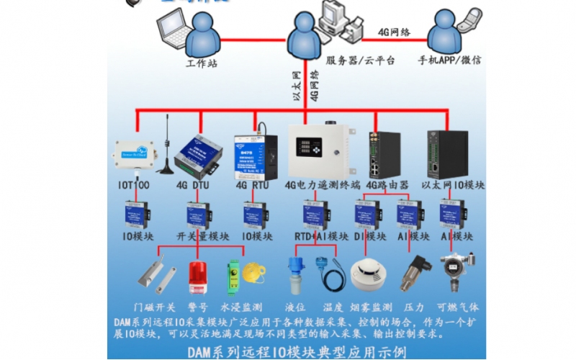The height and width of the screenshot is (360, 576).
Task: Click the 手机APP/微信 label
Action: point(452,60)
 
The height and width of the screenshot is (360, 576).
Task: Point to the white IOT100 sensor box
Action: point(135,153)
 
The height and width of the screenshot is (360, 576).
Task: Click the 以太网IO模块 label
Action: point(452,185)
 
